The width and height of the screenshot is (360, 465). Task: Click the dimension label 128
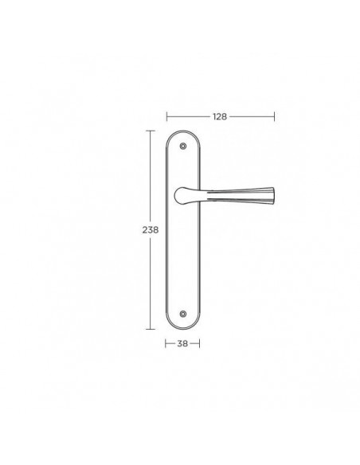pos(220,116)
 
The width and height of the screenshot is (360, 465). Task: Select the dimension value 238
pos(151,230)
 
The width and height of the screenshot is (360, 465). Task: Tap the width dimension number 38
pos(182,343)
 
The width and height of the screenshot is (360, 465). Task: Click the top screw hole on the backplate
pos(183,146)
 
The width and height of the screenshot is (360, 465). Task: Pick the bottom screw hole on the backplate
pos(183,314)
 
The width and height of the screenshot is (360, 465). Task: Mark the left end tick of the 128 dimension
pos(167,116)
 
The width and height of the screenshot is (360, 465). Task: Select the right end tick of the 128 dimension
pos(274,116)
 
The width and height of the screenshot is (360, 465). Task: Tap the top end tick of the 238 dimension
pos(151,131)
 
